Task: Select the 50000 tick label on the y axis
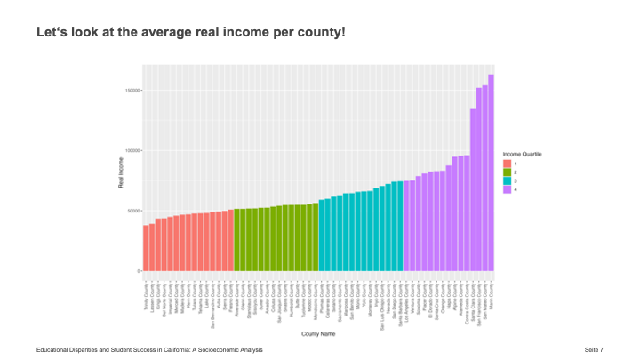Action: tap(132, 211)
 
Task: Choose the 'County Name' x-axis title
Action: tap(317, 333)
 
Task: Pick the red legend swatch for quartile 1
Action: tap(507, 164)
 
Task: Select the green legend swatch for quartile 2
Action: tap(507, 172)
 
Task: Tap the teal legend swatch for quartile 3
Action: tap(507, 181)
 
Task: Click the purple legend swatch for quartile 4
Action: tap(507, 190)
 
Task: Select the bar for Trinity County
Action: tap(146, 248)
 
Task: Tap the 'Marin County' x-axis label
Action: tap(492, 301)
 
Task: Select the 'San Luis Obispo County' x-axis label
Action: tap(383, 307)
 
